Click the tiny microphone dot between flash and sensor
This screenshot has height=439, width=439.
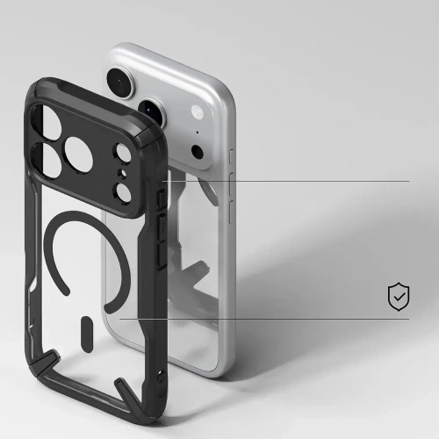click(198, 133)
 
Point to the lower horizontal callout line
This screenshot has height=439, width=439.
click(290, 319)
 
